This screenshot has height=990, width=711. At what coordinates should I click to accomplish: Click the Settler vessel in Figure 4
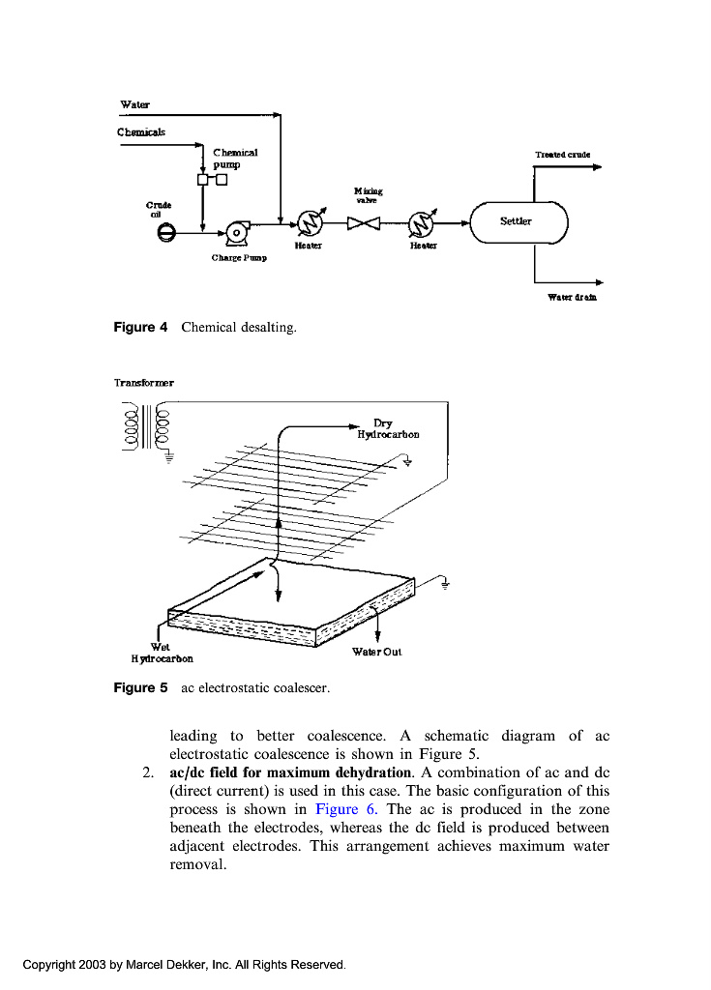517,222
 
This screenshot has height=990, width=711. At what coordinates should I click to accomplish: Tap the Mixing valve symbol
366,223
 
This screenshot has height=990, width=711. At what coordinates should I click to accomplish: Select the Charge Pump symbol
237,231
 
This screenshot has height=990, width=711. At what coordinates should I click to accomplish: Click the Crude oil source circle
166,232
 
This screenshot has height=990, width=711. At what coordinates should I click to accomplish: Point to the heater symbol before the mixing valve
310,223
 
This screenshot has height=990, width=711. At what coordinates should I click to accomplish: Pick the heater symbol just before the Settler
423,223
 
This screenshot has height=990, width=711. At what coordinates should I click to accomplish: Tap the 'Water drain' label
572,297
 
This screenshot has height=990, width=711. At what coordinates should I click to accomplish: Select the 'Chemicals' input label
141,131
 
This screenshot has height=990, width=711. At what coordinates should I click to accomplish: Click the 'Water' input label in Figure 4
134,103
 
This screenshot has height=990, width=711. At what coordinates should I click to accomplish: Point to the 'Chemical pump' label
235,159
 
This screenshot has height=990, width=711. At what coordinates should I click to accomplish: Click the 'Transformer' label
144,383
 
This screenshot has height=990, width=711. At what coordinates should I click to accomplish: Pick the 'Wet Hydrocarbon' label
162,653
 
